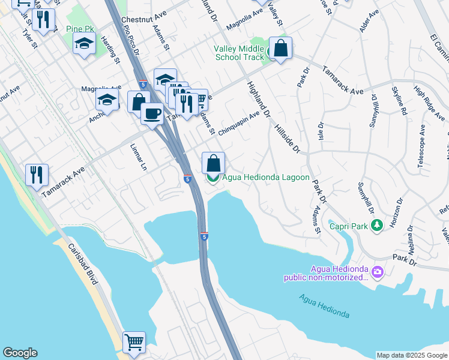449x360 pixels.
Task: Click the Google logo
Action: (x=20, y=353)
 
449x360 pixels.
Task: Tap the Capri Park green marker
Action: (x=376, y=226)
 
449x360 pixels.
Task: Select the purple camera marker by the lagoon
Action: (x=377, y=272)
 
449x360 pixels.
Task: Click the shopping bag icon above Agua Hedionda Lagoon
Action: (x=213, y=163)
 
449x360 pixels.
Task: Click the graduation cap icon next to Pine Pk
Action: (x=85, y=43)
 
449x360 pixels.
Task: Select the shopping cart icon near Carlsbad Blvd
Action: (x=134, y=342)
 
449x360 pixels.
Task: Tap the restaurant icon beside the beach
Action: (x=37, y=174)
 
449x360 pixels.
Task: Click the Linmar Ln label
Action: (x=137, y=157)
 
